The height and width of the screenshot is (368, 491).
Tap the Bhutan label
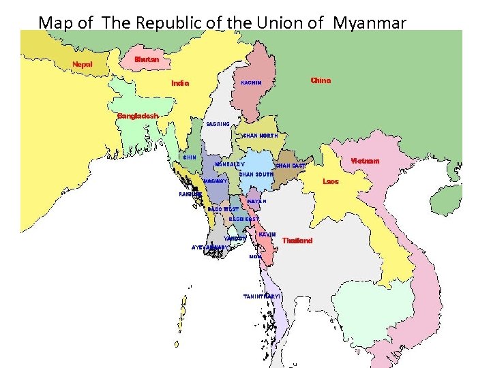point(147,59)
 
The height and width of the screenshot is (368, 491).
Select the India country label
point(180,84)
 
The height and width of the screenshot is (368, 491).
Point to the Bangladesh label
point(138,116)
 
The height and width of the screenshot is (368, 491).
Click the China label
point(321,80)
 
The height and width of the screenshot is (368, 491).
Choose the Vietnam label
point(365,162)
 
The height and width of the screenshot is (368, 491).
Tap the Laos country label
point(331,182)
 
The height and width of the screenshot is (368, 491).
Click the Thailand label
point(297,241)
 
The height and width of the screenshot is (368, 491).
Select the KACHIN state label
point(252,83)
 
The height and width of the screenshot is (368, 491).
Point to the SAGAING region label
point(218,124)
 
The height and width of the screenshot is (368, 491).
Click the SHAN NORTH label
point(261,136)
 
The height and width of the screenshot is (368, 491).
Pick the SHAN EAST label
point(290,166)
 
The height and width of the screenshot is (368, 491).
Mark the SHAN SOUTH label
point(256,174)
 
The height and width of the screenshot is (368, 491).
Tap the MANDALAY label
point(230,164)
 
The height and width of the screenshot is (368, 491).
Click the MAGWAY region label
point(215,181)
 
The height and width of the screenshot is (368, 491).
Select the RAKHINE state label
point(190,194)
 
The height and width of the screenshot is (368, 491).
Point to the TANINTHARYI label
point(262,296)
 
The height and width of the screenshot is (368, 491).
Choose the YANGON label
point(235,239)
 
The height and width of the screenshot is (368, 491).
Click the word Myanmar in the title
point(370,22)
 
